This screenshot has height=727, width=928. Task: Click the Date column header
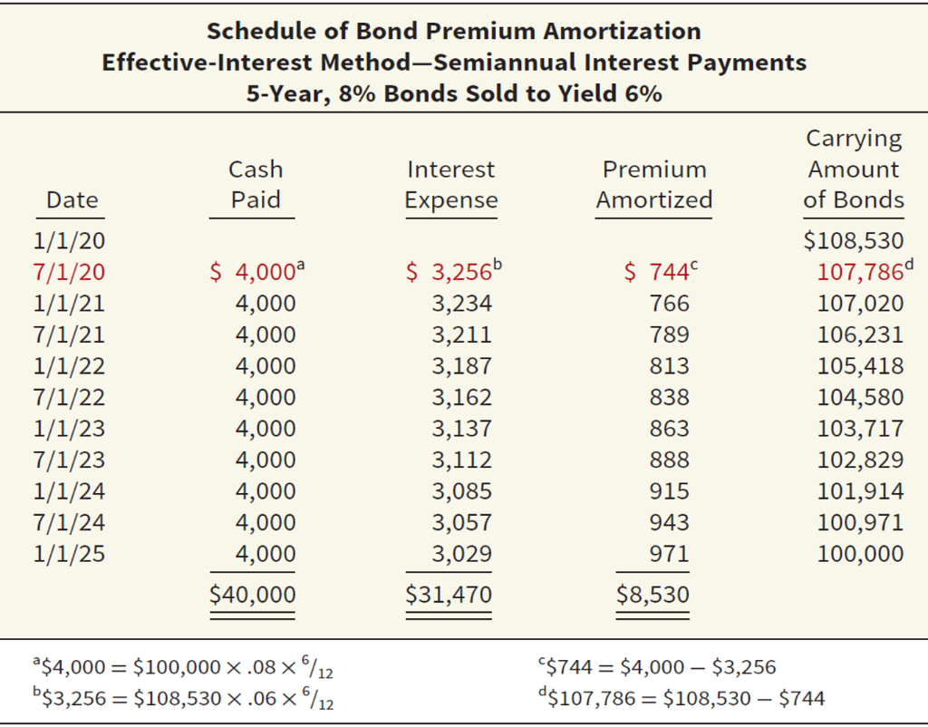click(x=72, y=199)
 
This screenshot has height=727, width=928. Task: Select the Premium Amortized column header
click(x=653, y=185)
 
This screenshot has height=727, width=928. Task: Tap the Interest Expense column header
click(x=450, y=185)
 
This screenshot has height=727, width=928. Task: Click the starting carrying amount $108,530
click(x=855, y=240)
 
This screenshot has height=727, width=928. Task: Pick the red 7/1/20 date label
click(x=69, y=272)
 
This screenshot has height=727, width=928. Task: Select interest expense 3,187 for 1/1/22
click(x=461, y=366)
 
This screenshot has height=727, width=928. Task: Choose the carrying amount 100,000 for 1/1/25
click(x=860, y=554)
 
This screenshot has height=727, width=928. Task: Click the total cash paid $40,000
click(x=252, y=595)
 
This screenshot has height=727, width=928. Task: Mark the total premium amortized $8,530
click(x=652, y=595)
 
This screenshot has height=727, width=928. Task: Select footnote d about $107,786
click(x=680, y=698)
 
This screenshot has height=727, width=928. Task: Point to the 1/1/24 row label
click(x=69, y=491)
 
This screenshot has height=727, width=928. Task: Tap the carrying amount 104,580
click(x=860, y=397)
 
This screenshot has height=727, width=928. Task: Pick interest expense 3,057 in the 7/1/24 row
click(x=461, y=522)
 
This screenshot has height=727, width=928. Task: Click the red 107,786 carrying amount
click(x=858, y=272)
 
